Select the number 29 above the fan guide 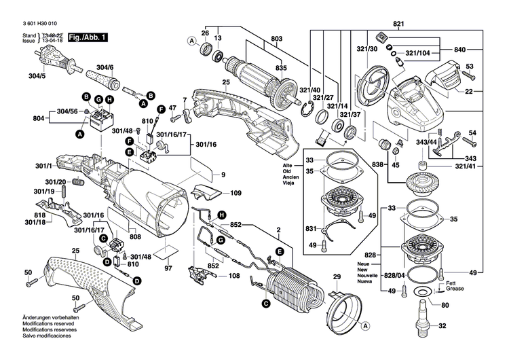pos(335,277)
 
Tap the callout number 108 pos(234,276)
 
